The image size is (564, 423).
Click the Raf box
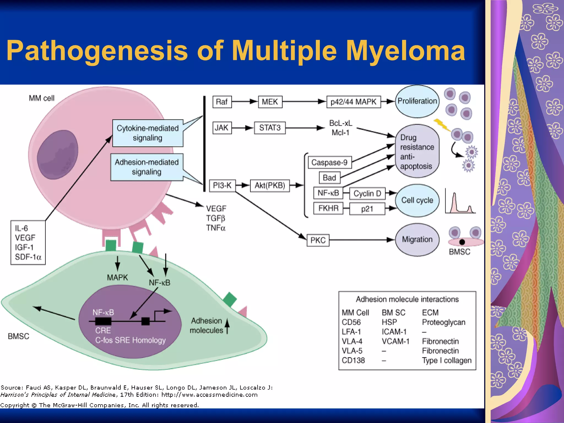222,102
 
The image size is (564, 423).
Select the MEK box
270,102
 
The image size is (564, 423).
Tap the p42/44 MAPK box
353,102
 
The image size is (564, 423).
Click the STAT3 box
270,128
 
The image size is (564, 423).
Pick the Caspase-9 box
329,162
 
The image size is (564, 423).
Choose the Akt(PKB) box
270,185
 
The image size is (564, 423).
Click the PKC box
318,240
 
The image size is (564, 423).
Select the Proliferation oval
417,101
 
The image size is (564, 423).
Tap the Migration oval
417,240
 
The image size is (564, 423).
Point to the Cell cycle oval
417,200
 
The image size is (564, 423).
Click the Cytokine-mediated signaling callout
148,133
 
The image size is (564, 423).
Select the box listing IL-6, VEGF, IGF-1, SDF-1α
28,243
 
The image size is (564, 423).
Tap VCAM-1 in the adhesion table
395,341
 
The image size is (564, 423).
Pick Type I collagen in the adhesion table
447,360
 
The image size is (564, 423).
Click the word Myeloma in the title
405,51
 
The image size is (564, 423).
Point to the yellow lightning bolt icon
442,125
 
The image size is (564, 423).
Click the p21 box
367,209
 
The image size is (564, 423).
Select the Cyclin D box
367,194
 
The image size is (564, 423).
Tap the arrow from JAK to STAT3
242,128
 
